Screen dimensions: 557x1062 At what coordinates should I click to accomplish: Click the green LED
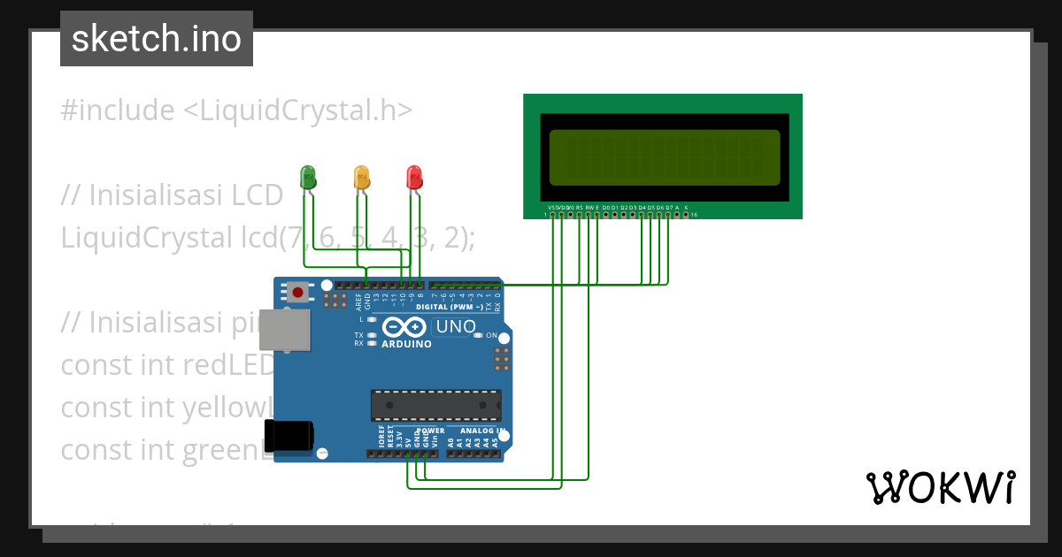pyautogui.click(x=308, y=175)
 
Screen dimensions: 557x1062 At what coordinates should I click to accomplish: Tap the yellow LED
pyautogui.click(x=361, y=175)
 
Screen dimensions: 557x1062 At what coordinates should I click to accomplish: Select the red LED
pyautogui.click(x=413, y=176)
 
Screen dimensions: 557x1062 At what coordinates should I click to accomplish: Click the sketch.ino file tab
pyautogui.click(x=157, y=39)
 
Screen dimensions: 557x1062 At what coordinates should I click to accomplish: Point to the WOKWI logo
pyautogui.click(x=940, y=487)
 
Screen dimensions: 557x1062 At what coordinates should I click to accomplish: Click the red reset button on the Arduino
pyautogui.click(x=298, y=292)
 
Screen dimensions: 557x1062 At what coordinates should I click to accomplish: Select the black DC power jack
pyautogui.click(x=290, y=435)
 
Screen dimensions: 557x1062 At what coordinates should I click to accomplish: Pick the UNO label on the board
pyautogui.click(x=457, y=326)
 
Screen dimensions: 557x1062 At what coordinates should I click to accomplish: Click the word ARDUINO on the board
pyautogui.click(x=406, y=344)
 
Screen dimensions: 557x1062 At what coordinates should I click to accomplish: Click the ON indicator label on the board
pyautogui.click(x=491, y=336)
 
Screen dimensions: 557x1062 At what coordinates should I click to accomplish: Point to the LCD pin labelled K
pyautogui.click(x=686, y=207)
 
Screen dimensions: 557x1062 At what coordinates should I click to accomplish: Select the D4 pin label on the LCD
pyautogui.click(x=642, y=207)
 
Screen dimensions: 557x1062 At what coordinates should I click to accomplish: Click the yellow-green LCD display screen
pyautogui.click(x=665, y=156)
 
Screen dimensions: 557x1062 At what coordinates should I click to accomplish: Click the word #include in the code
pyautogui.click(x=118, y=111)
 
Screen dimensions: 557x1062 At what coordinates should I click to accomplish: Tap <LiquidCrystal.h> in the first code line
pyautogui.click(x=297, y=111)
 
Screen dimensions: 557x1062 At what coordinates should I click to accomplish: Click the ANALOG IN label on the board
pyautogui.click(x=483, y=431)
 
